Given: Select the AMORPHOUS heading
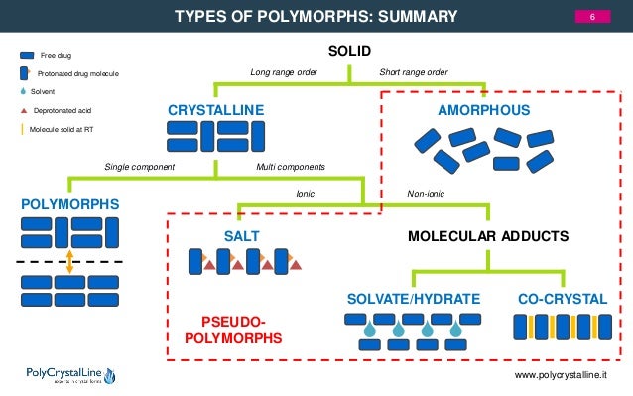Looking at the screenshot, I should coord(484,109).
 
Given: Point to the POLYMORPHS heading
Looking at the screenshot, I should coord(68,204).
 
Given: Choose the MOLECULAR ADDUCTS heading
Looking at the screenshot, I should coord(488,236).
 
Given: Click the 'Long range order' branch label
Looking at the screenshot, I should coord(283,72).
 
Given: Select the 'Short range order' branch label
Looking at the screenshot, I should coord(414,72).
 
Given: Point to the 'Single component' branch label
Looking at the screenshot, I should coord(140,166).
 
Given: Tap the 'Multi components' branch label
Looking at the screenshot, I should coord(291,166).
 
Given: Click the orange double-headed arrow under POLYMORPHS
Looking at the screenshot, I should coord(68,261).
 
